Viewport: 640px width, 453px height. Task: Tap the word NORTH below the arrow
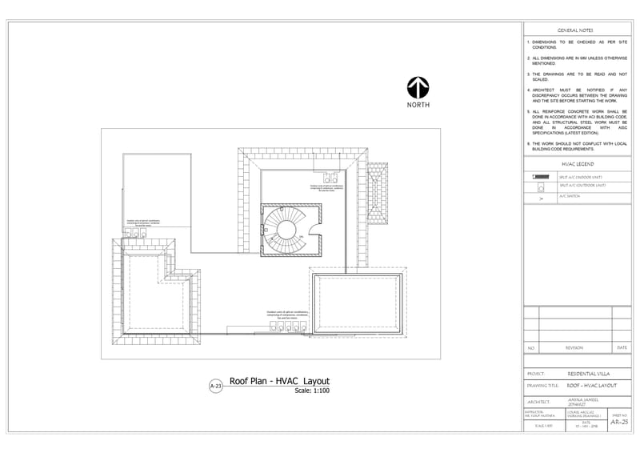[x=418, y=105]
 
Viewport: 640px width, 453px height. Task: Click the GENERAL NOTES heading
[x=574, y=30]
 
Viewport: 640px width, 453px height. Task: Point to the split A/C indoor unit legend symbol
[x=540, y=176]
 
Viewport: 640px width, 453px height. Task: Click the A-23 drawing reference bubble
[x=214, y=387]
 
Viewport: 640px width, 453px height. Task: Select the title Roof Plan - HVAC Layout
[x=279, y=382]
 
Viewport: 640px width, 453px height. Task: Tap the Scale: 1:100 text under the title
[x=312, y=391]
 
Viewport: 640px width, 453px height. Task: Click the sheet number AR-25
[x=619, y=422]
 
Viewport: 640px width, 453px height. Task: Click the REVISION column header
[x=574, y=348]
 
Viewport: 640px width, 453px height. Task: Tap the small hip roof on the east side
[x=377, y=195]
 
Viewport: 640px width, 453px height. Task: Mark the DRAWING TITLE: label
[x=543, y=385]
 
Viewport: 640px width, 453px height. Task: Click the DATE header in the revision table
[x=622, y=348]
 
